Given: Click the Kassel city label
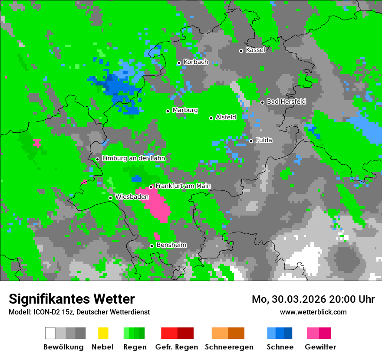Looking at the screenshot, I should [255, 50].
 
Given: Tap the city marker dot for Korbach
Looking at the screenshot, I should [179, 63].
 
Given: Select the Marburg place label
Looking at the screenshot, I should [185, 110].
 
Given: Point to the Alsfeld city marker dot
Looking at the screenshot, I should [211, 118].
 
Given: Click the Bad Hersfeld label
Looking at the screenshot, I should [286, 101].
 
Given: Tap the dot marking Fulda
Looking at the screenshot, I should [251, 141].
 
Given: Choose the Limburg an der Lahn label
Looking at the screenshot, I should [133, 158].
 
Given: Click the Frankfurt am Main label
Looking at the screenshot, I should [183, 186].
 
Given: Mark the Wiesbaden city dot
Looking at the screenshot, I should [110, 198].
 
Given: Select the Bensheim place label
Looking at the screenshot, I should [171, 245].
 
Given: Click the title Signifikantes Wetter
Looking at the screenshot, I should [72, 299].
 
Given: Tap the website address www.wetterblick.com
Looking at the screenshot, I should [313, 312].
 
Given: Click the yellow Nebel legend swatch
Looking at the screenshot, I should [103, 333].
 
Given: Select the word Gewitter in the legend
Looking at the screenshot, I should [320, 347].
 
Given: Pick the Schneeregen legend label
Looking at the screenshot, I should [229, 347].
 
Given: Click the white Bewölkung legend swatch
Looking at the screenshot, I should [50, 333].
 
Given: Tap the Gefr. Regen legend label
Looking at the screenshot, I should [177, 347].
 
